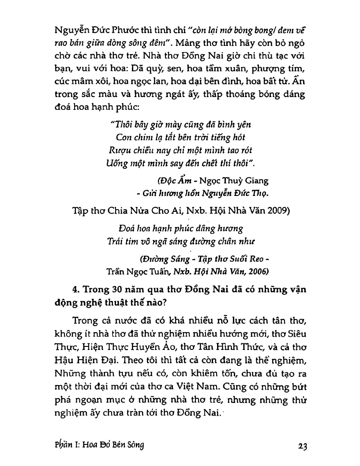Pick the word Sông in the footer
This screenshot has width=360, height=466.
point(135,445)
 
